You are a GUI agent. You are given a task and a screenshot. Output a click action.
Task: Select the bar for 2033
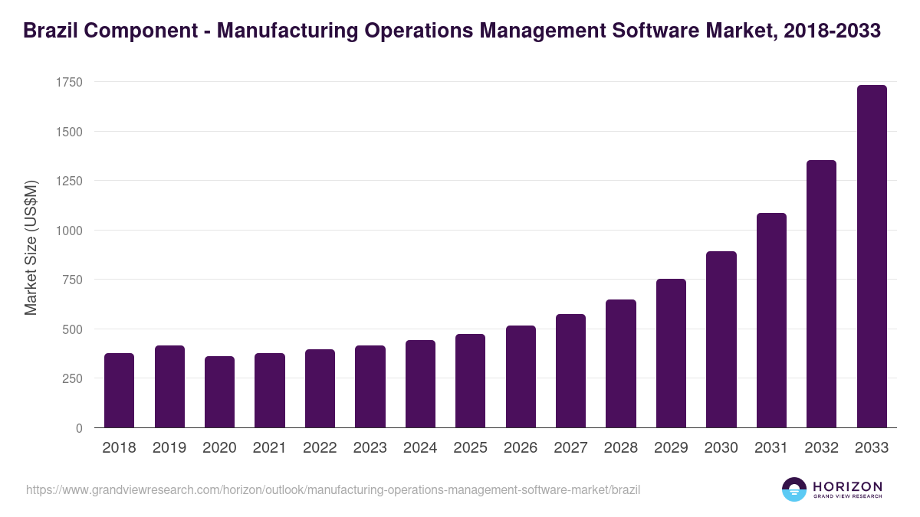coord(871,257)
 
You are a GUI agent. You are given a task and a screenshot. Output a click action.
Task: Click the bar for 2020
coord(219,392)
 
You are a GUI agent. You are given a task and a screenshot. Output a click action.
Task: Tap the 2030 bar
coord(721,339)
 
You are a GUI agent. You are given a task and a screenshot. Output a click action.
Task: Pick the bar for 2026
coord(521,377)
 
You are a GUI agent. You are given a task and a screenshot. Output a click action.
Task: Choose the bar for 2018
coord(119,391)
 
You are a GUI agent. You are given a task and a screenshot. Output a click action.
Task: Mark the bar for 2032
coord(821,294)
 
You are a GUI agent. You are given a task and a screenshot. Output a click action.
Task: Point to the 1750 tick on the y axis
coord(68,82)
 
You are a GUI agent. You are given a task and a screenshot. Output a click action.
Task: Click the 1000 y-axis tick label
coord(68,231)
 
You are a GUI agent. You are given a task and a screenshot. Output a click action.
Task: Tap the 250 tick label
coord(72,378)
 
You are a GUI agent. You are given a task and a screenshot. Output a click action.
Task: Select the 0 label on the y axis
coord(79,428)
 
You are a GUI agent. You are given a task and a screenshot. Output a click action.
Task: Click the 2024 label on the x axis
coord(420,448)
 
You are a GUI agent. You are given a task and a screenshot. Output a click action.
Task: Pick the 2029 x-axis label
coord(671,448)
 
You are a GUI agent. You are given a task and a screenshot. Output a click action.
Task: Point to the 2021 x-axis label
coord(270,448)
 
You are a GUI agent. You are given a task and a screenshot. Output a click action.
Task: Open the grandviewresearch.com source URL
coord(333,489)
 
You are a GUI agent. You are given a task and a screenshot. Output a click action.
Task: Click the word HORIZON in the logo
coord(847,486)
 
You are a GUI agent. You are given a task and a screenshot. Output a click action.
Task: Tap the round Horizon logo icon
coord(794,489)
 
